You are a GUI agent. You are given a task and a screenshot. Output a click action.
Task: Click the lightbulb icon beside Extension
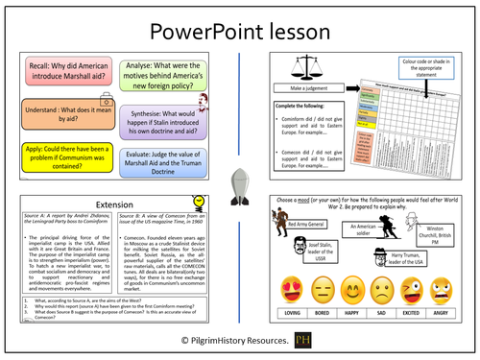(197, 202)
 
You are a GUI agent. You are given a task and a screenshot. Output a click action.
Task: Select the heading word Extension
(112, 205)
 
